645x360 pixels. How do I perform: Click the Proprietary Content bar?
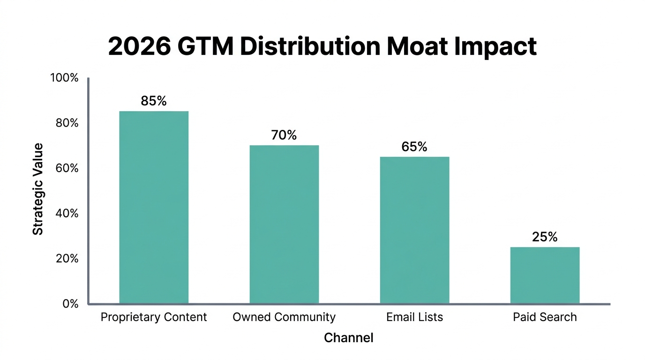click(154, 207)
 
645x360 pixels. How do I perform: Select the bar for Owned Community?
click(284, 224)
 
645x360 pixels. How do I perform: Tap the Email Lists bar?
click(414, 230)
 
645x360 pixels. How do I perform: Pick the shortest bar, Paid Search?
click(545, 275)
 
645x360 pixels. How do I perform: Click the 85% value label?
click(154, 101)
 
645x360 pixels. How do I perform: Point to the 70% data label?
click(284, 135)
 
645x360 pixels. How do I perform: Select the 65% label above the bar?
click(414, 147)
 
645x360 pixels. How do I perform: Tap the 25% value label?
click(545, 237)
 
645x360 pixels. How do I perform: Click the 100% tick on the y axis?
click(64, 78)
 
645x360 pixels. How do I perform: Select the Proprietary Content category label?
click(154, 317)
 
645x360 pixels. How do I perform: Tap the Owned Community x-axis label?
click(284, 317)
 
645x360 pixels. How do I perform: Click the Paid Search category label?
click(545, 317)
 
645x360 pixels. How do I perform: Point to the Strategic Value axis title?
click(38, 189)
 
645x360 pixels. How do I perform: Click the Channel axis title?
click(349, 337)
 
